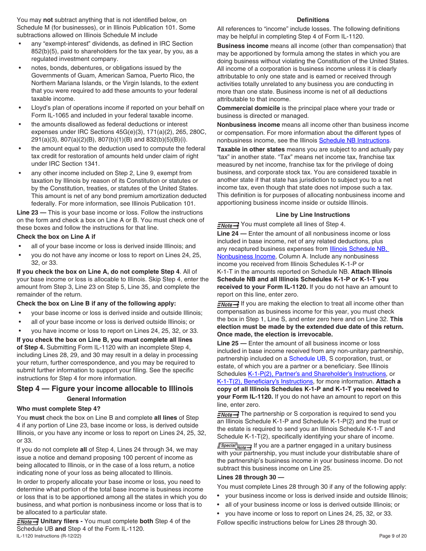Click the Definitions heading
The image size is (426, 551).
pyautogui.click(x=313, y=20)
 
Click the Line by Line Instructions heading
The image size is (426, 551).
pyautogui.click(x=313, y=215)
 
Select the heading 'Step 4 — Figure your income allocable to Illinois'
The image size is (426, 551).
pyautogui.click(x=105, y=388)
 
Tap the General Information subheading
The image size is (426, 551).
pyautogui.click(x=96, y=399)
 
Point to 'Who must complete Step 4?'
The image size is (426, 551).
pyautogui.click(x=59, y=409)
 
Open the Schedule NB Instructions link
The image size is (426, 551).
pyautogui.click(x=354, y=140)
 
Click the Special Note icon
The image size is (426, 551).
pyautogui.click(x=234, y=446)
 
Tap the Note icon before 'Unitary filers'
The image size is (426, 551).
pyautogui.click(x=27, y=521)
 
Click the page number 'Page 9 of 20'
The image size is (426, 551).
pyautogui.click(x=393, y=536)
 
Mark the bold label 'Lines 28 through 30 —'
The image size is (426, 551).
pyautogui.click(x=250, y=477)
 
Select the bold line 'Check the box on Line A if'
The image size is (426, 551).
pyautogui.click(x=56, y=237)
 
